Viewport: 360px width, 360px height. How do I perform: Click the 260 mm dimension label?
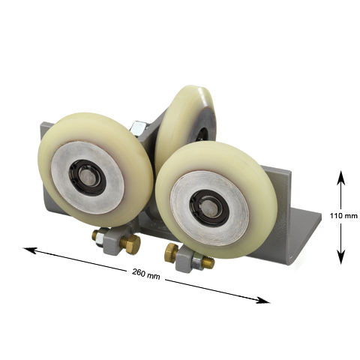pyautogui.click(x=146, y=274)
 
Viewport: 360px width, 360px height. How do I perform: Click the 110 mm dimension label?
pyautogui.click(x=343, y=215)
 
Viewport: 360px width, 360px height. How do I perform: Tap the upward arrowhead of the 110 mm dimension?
pyautogui.click(x=340, y=178)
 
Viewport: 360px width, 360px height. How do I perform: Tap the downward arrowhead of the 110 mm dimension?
pyautogui.click(x=341, y=257)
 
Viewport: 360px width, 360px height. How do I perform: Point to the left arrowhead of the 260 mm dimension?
pyautogui.click(x=29, y=250)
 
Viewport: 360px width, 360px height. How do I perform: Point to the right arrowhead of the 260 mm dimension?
pyautogui.click(x=263, y=301)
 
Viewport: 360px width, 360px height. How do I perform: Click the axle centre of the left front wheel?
pyautogui.click(x=88, y=176)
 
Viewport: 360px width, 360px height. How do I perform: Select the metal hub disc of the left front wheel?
pyautogui.click(x=88, y=178)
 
